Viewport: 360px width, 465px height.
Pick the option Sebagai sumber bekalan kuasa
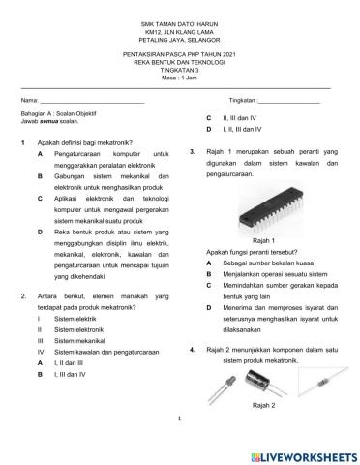(x=267, y=263)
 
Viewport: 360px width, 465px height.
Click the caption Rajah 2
(x=263, y=405)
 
